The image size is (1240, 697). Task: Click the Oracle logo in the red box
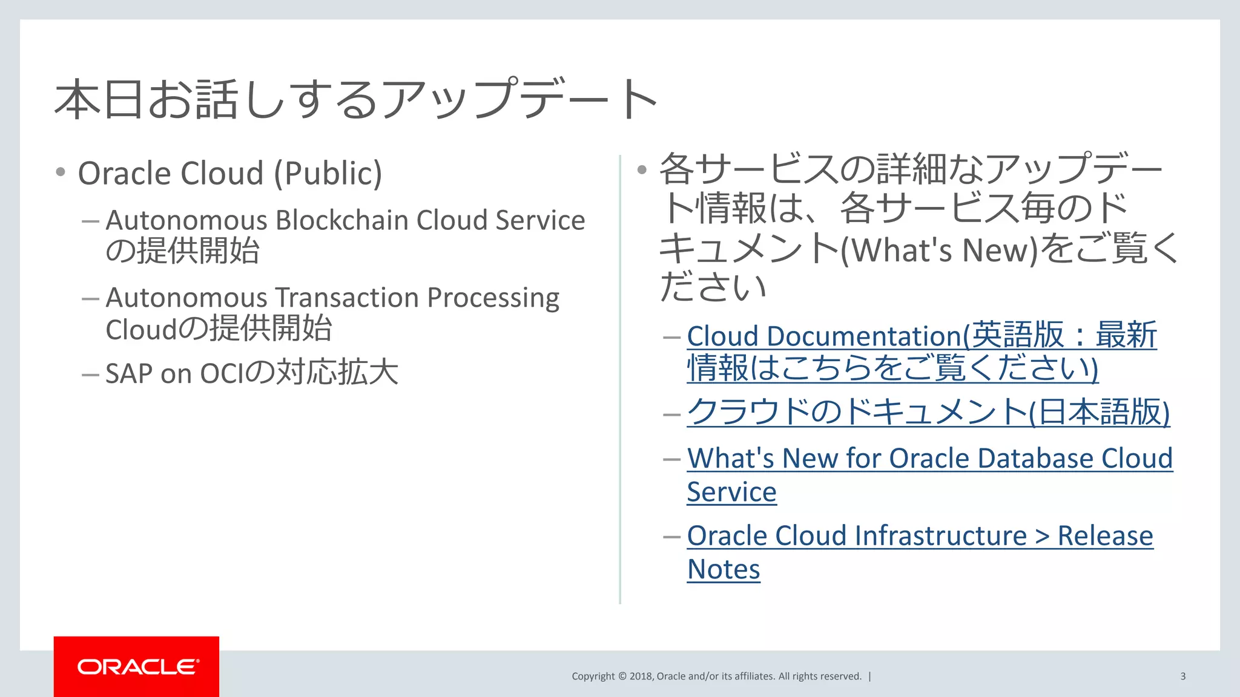click(x=137, y=667)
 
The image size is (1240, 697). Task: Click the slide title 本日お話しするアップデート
click(x=356, y=99)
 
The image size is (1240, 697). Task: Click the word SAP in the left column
click(x=129, y=374)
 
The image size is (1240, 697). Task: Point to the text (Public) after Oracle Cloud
click(x=328, y=174)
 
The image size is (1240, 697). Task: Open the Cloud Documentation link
click(x=823, y=336)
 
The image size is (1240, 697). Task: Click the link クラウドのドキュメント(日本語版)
click(x=928, y=413)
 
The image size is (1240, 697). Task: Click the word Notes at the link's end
click(x=724, y=570)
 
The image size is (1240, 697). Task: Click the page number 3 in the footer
click(x=1182, y=676)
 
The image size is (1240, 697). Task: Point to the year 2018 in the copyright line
click(x=641, y=676)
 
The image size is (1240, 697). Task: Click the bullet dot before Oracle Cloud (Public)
click(x=61, y=172)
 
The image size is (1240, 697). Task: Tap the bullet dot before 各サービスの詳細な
click(x=642, y=169)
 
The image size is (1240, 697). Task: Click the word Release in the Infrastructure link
click(x=1105, y=536)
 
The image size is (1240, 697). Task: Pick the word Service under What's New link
click(x=731, y=492)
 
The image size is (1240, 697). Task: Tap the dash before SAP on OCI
click(x=90, y=375)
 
